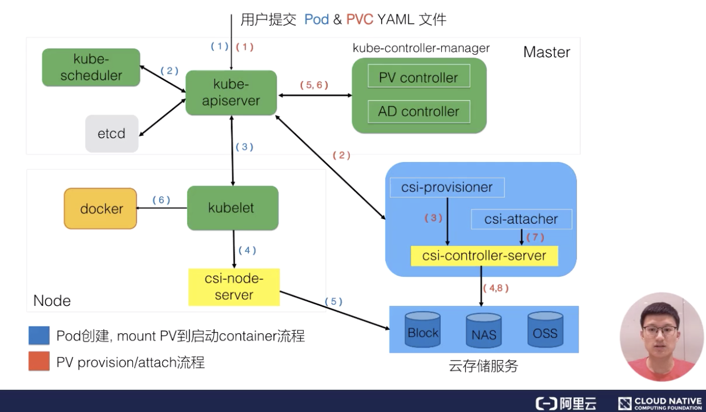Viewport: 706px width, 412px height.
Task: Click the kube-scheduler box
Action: [x=91, y=67]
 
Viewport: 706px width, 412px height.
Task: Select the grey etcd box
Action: [x=112, y=134]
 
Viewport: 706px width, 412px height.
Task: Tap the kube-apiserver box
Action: [x=231, y=92]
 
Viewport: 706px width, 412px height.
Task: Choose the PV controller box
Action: [x=418, y=78]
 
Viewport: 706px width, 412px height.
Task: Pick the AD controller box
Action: [x=418, y=111]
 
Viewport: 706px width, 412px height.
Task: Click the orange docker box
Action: [x=100, y=208]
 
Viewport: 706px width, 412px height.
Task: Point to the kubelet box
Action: [x=233, y=208]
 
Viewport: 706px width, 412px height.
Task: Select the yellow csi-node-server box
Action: [x=234, y=287]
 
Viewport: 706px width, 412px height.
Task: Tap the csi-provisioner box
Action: [x=448, y=188]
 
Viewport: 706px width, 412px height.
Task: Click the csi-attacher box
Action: [x=521, y=219]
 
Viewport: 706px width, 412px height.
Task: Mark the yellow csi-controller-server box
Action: [x=484, y=256]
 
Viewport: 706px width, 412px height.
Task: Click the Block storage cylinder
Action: [x=423, y=331]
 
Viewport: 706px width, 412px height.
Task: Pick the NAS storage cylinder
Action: [x=483, y=333]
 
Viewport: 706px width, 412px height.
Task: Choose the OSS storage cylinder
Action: [x=545, y=331]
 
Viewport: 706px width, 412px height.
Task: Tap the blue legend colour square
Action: [x=39, y=336]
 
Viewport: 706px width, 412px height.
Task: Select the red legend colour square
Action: [x=39, y=362]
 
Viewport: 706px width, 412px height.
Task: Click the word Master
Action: [x=546, y=52]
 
